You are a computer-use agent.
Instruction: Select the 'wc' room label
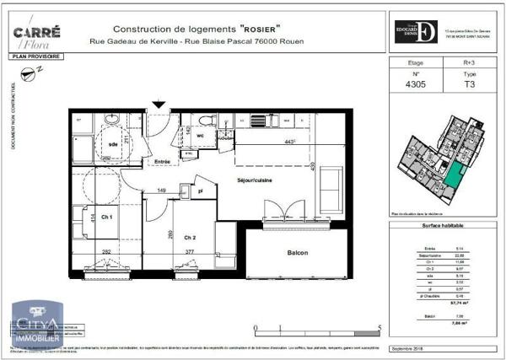point(200,135)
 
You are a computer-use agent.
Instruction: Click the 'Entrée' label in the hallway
point(162,161)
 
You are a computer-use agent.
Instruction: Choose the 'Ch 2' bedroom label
point(190,237)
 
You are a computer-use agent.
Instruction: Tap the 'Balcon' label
point(296,253)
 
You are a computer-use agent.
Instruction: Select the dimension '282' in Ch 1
point(106,251)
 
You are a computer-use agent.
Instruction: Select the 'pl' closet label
point(201,191)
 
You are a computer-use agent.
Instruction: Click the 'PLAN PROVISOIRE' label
point(35,56)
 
